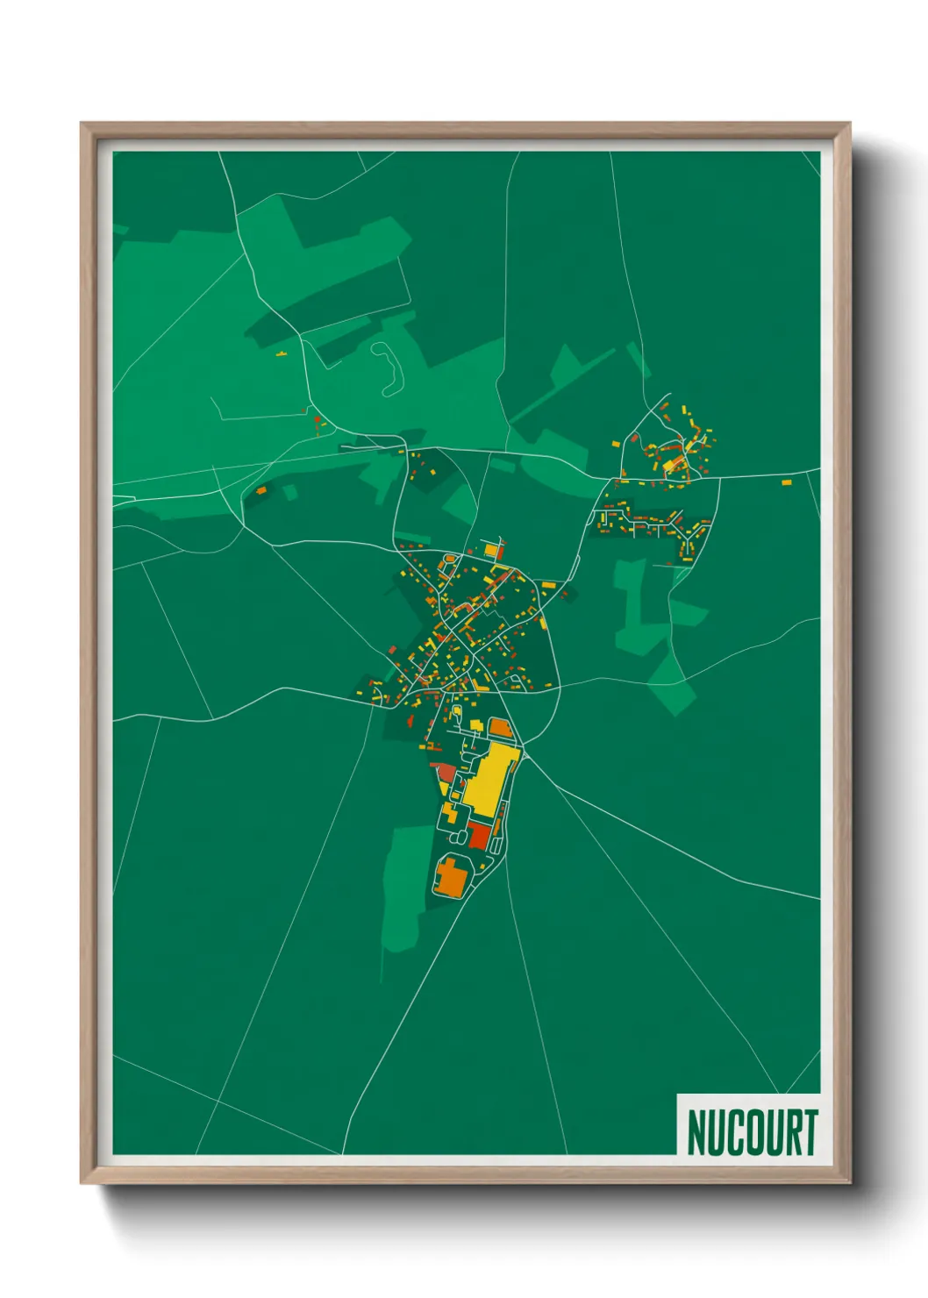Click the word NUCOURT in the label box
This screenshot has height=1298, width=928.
pyautogui.click(x=752, y=1132)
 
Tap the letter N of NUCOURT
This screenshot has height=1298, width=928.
pyautogui.click(x=696, y=1132)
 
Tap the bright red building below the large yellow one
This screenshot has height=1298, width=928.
pyautogui.click(x=479, y=834)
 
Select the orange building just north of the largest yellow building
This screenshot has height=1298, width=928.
pyautogui.click(x=498, y=726)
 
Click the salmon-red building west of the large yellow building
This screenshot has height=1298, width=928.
pyautogui.click(x=446, y=772)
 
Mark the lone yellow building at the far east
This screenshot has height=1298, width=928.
pyautogui.click(x=786, y=481)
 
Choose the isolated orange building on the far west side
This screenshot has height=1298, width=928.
pyautogui.click(x=261, y=490)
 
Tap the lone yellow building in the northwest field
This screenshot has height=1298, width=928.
pyautogui.click(x=281, y=354)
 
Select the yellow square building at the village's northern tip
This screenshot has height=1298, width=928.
pyautogui.click(x=490, y=551)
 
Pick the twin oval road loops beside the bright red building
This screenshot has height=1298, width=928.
pyautogui.click(x=497, y=838)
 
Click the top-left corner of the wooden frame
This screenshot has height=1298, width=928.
pyautogui.click(x=82, y=124)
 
